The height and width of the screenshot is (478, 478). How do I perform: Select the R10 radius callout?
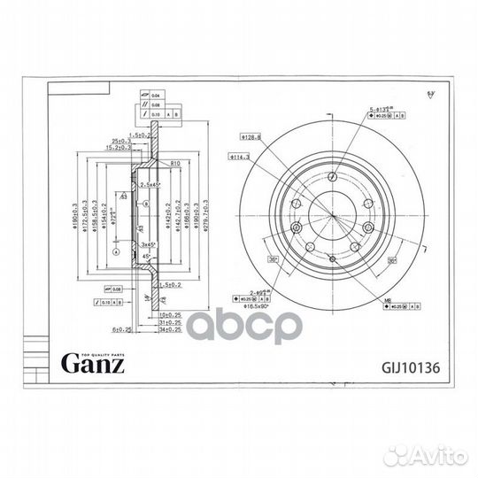pyautogui.click(x=176, y=164)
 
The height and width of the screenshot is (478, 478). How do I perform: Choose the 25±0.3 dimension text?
pyautogui.click(x=123, y=141)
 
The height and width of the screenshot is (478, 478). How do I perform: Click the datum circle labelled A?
pyautogui.click(x=115, y=251)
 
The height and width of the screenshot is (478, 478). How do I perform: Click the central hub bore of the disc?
pyautogui.click(x=329, y=216)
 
